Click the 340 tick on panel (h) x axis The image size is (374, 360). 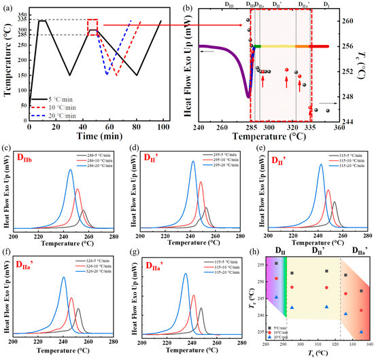point(369,345)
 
